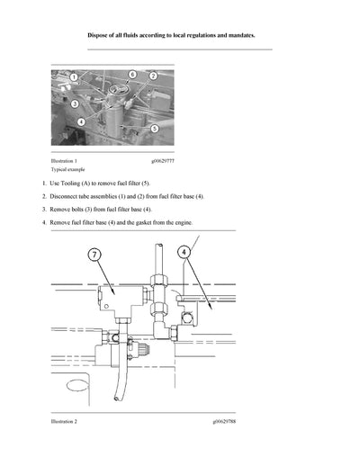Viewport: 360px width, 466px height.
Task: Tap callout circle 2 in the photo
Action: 153,76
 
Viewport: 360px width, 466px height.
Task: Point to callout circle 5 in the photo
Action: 155,129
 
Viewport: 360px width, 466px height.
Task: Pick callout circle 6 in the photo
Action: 132,74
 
